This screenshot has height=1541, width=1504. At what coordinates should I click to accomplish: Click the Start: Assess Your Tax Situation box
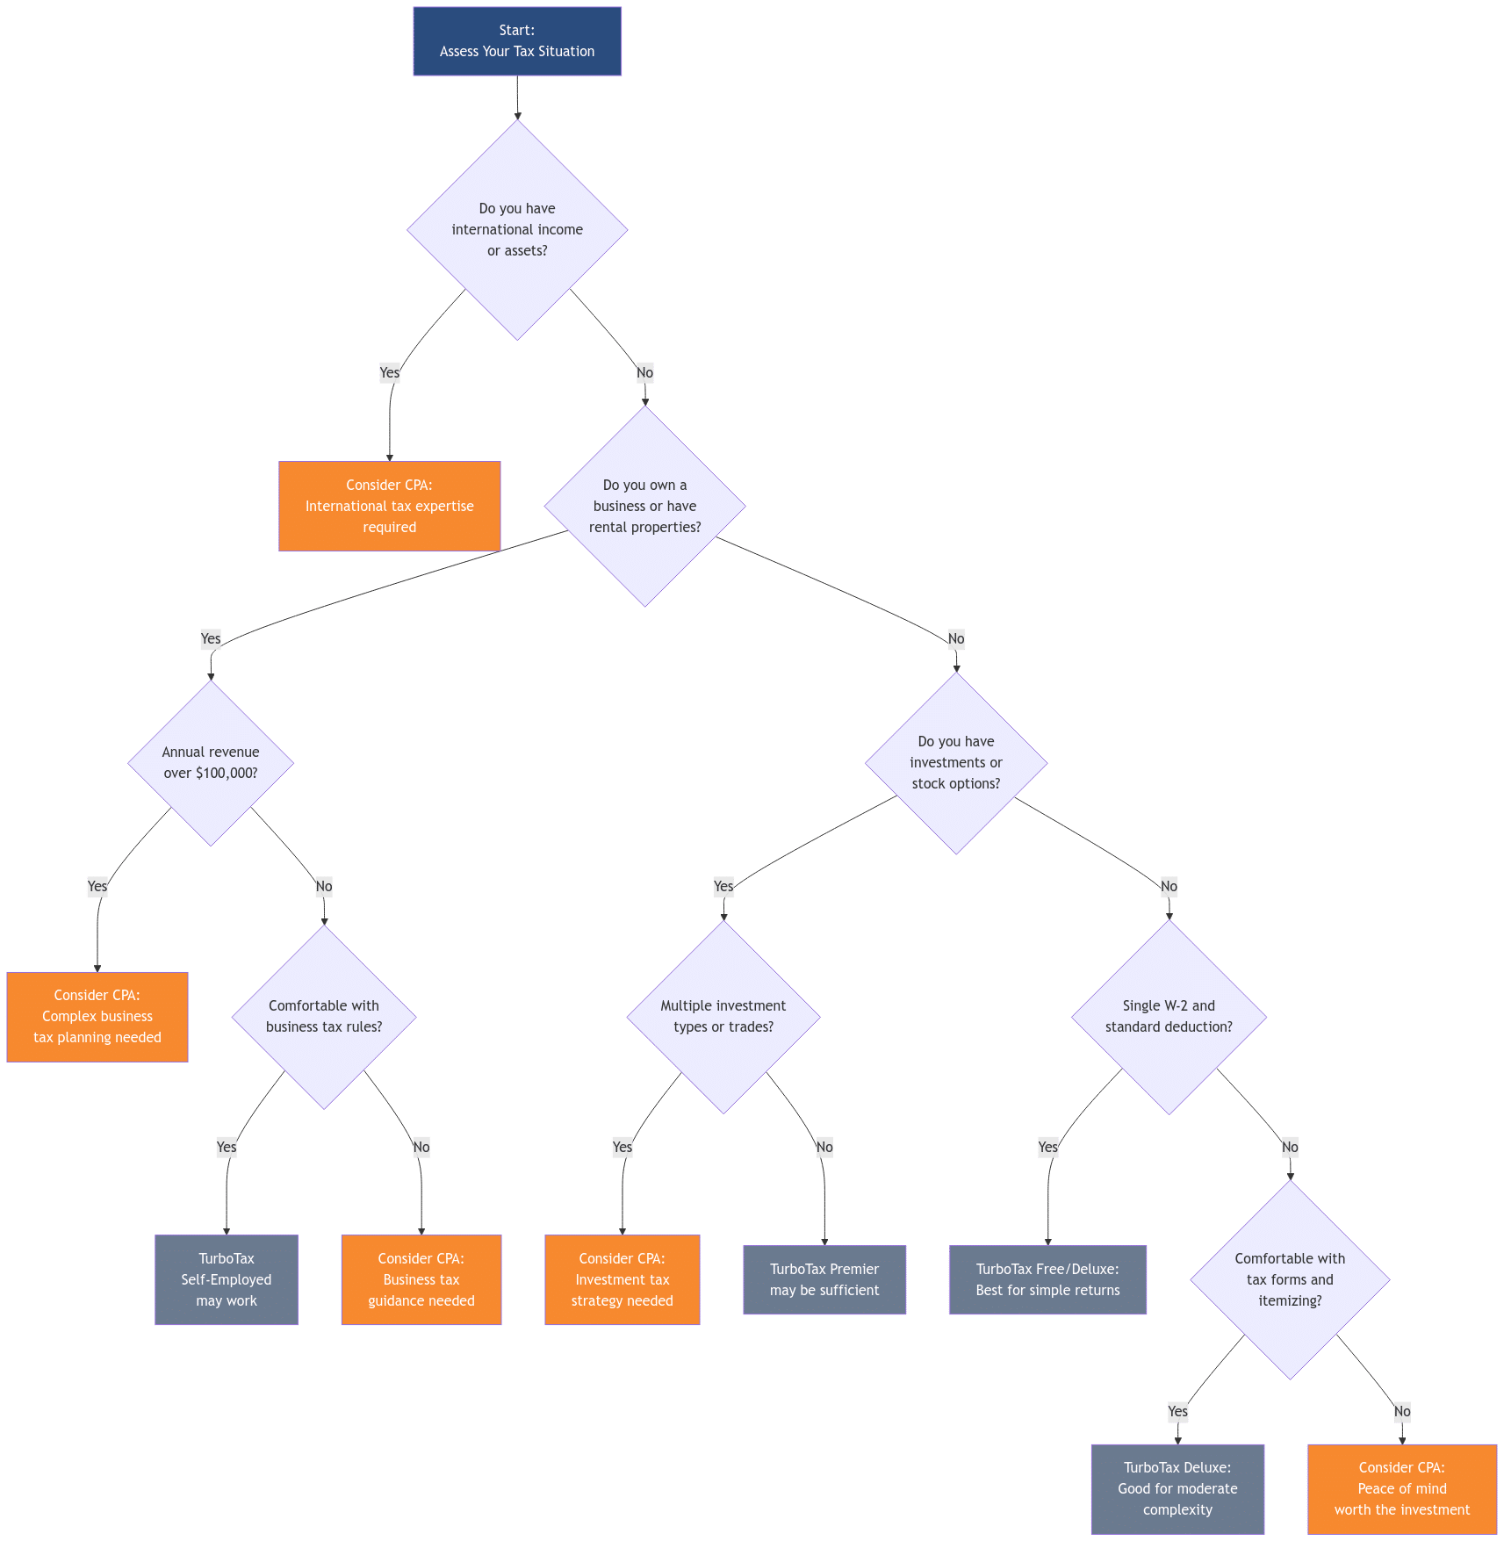tap(517, 41)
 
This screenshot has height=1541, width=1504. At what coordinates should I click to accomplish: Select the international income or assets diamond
tap(517, 229)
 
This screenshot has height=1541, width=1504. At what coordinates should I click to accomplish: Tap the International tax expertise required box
tap(389, 506)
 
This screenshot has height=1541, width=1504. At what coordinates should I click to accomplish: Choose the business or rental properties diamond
tap(644, 506)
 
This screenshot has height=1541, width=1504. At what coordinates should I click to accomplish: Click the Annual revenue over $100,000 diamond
tap(211, 762)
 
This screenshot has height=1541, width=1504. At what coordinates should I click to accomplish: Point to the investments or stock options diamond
tap(955, 762)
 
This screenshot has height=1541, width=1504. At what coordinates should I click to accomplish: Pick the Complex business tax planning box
tap(97, 1016)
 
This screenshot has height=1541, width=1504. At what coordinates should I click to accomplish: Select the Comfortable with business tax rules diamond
tap(324, 1016)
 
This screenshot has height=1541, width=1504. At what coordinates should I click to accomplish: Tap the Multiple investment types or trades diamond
tap(723, 1016)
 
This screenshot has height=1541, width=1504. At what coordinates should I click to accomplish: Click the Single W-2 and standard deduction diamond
tap(1169, 1016)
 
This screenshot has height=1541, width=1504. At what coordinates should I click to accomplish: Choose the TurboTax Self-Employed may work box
tap(227, 1279)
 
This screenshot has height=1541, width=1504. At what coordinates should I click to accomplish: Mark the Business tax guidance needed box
tap(421, 1279)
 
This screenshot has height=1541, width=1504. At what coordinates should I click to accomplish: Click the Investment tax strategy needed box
tap(622, 1279)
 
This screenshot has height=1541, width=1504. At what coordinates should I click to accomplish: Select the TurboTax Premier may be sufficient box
tap(824, 1279)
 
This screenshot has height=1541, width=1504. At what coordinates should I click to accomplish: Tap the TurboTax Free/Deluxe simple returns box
tap(1047, 1279)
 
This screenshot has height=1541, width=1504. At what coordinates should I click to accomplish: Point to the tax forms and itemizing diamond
tap(1290, 1279)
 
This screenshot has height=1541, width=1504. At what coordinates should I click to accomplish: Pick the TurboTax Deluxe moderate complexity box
tap(1177, 1488)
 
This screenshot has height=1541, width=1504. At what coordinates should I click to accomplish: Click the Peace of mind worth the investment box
tap(1402, 1488)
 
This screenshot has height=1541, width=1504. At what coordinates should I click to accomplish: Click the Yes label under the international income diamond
tap(389, 372)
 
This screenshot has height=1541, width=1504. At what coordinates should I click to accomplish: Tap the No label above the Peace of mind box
tap(1402, 1411)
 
